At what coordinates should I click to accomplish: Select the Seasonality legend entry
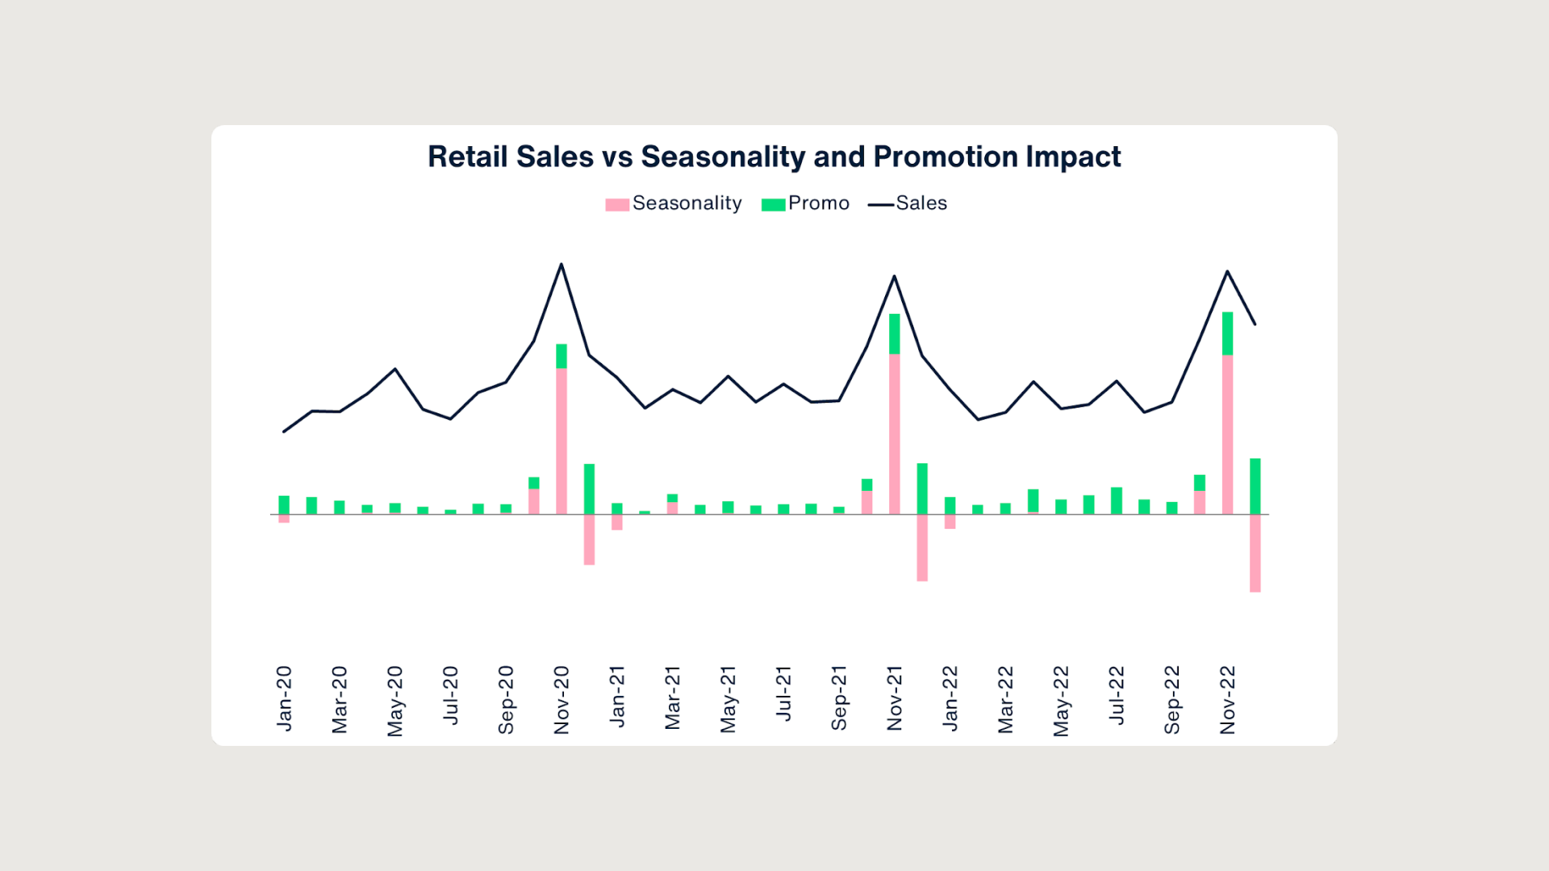click(x=674, y=203)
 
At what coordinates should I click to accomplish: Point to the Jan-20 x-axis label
click(x=284, y=698)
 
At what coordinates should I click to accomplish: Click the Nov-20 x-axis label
click(x=562, y=700)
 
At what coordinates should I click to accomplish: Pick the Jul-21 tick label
click(x=783, y=693)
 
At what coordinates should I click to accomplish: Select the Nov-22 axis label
click(x=1228, y=700)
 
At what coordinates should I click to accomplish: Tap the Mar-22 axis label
click(x=1005, y=700)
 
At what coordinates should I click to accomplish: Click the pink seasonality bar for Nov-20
click(x=562, y=441)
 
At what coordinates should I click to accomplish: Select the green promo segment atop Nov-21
click(x=894, y=333)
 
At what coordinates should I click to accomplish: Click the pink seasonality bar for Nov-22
click(x=1227, y=434)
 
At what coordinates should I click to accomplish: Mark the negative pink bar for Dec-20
click(x=589, y=539)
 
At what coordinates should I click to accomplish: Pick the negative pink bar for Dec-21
click(x=922, y=547)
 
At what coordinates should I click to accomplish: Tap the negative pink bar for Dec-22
click(x=1255, y=553)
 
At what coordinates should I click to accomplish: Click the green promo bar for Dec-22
click(x=1255, y=486)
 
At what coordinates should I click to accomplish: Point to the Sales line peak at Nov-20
click(x=562, y=265)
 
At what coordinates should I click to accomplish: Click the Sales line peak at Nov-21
click(x=894, y=277)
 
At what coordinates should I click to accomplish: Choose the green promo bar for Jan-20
click(x=284, y=505)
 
